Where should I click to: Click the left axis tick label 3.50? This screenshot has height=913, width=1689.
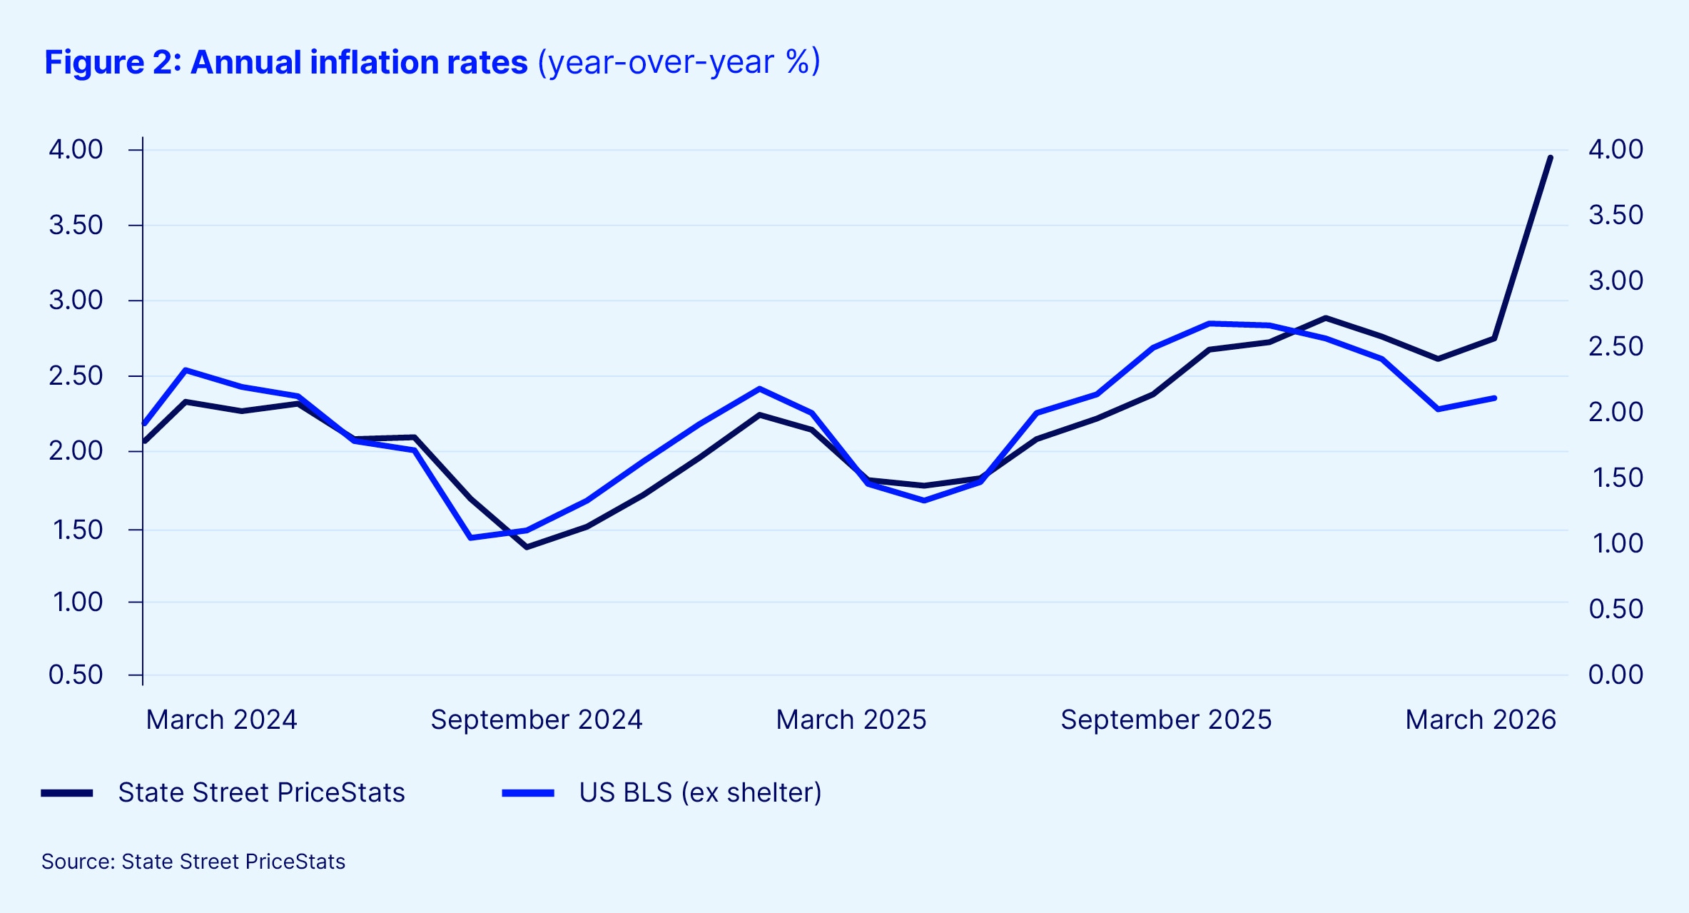tap(76, 226)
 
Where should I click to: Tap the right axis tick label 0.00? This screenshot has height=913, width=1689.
tap(1616, 675)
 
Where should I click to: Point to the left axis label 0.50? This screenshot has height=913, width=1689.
tap(76, 675)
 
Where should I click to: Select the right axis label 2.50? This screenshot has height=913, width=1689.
tap(1616, 346)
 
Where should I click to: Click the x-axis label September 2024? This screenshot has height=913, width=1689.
tap(536, 720)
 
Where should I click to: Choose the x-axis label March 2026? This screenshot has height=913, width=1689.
tap(1480, 720)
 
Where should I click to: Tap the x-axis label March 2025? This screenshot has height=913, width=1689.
tap(851, 720)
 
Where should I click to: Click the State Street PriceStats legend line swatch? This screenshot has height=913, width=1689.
tap(67, 793)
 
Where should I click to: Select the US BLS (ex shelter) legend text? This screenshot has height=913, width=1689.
tap(700, 793)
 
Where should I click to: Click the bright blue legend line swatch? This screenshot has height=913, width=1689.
tap(528, 793)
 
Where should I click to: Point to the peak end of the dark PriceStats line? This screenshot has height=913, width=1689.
tap(1550, 158)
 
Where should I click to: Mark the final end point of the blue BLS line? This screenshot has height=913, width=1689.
tap(1494, 398)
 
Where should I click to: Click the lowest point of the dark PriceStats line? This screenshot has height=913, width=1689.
tap(527, 547)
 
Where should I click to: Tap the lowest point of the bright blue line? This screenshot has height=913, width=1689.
tap(470, 538)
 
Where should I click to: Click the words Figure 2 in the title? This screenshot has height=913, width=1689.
tap(107, 63)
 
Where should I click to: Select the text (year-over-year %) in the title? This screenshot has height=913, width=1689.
tap(679, 63)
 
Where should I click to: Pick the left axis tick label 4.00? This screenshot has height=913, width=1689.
tap(76, 150)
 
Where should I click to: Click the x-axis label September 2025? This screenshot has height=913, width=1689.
tap(1165, 720)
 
